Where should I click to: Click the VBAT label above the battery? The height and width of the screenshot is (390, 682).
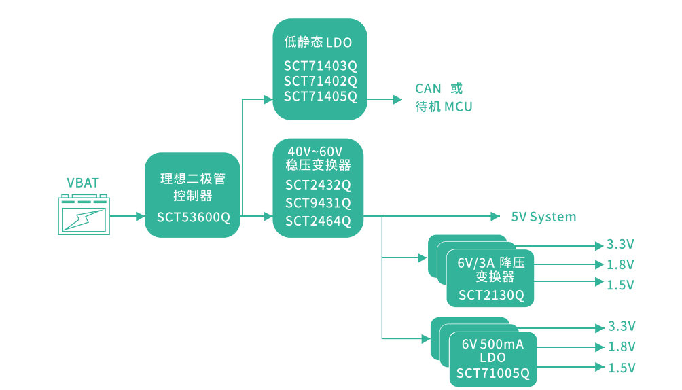(x=83, y=182)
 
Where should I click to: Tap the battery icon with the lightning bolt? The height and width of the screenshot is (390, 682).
(x=84, y=216)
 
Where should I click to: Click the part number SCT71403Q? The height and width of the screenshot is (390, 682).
(x=320, y=66)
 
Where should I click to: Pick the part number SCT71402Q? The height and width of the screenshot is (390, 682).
(x=320, y=81)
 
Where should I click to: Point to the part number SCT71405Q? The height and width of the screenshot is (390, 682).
(x=320, y=96)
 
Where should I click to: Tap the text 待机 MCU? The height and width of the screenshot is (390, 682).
(x=444, y=107)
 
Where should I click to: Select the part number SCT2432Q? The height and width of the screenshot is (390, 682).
(x=318, y=185)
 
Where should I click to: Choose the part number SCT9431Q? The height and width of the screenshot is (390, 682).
(x=318, y=202)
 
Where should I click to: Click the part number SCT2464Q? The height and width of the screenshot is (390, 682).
(x=318, y=220)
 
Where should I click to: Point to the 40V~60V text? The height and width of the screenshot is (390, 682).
(x=315, y=150)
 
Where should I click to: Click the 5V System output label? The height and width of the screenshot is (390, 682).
(x=543, y=217)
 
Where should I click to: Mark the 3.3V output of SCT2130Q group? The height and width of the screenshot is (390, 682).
(x=620, y=245)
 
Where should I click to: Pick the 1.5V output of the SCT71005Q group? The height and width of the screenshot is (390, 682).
(x=621, y=368)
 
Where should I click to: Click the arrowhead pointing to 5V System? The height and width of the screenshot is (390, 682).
(x=496, y=217)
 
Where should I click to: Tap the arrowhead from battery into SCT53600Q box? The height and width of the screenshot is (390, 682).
(x=140, y=217)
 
